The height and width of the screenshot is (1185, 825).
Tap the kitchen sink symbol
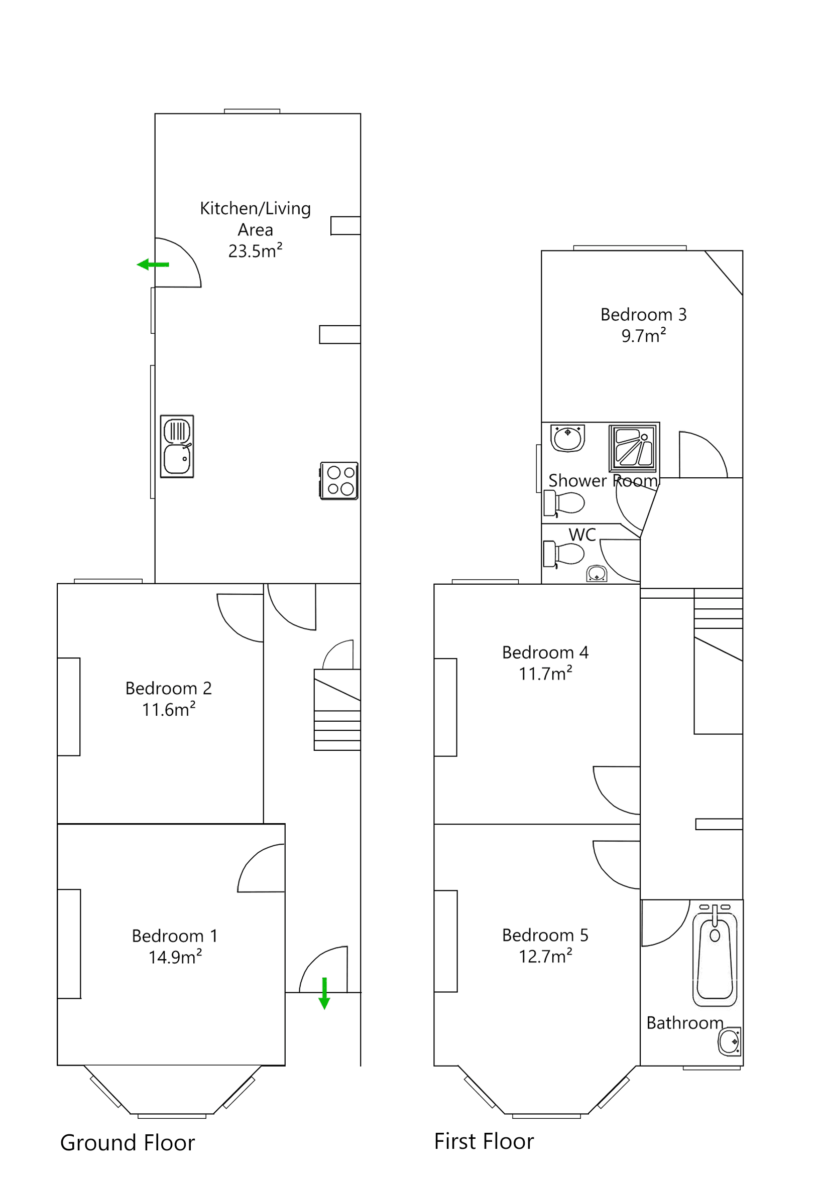pyautogui.click(x=177, y=446)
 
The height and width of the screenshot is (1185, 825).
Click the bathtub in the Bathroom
pyautogui.click(x=715, y=959)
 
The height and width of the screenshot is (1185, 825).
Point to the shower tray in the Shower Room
pyautogui.click(x=632, y=447)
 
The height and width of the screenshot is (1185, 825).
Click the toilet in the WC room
pyautogui.click(x=564, y=554)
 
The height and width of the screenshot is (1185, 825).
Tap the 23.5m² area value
pyautogui.click(x=255, y=251)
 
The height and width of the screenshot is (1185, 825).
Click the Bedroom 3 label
pyautogui.click(x=643, y=314)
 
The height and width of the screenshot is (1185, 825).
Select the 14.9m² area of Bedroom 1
pyautogui.click(x=175, y=958)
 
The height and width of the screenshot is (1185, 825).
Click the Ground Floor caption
pyautogui.click(x=128, y=1143)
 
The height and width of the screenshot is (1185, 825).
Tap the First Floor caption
pyautogui.click(x=484, y=1141)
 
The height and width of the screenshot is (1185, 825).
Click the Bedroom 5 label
pyautogui.click(x=545, y=935)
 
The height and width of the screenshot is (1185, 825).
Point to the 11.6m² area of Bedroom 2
pyautogui.click(x=168, y=710)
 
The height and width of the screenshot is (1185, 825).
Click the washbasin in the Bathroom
pyautogui.click(x=730, y=1041)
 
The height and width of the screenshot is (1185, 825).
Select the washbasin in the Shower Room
pyautogui.click(x=567, y=438)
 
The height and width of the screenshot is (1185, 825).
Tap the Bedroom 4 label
pyautogui.click(x=545, y=652)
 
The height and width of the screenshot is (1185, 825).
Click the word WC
pyautogui.click(x=582, y=535)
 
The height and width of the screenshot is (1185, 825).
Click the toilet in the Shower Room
pyautogui.click(x=564, y=503)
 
